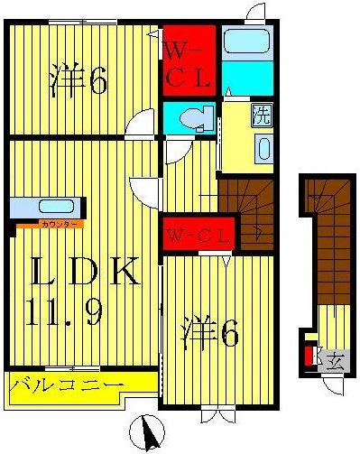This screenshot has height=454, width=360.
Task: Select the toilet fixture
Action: (194, 117)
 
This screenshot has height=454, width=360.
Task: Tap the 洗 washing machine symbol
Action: (260, 116)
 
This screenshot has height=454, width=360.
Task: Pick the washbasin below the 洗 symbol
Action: (263, 148)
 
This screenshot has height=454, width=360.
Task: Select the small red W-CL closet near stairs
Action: (199, 236)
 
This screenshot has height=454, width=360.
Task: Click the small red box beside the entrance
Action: (309, 355)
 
